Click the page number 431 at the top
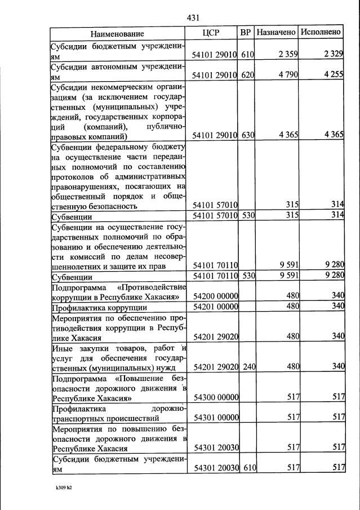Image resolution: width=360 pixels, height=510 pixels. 194,18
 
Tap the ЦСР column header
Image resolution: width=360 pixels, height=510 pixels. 214,33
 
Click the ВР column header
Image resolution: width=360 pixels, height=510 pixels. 246,33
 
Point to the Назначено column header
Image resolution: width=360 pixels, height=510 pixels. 276,33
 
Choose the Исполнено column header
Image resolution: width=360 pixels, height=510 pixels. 321,33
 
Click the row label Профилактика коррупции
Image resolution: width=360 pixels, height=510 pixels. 99,308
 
